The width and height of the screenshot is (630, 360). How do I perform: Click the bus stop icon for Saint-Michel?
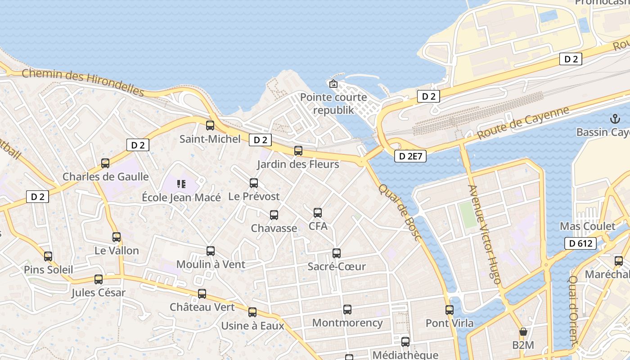(x=210, y=126)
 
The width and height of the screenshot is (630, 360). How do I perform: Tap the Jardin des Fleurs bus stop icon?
(x=298, y=151)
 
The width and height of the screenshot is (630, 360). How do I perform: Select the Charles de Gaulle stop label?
(x=105, y=177)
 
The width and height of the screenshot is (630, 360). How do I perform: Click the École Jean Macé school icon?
(x=181, y=184)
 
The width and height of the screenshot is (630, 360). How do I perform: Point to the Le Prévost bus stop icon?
(x=254, y=183)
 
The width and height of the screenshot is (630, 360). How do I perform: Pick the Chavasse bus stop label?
(x=274, y=228)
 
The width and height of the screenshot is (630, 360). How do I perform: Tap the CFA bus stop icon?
(x=318, y=213)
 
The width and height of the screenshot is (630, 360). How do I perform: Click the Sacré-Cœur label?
(x=337, y=266)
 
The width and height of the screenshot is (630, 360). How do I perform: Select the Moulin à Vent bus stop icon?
(x=211, y=251)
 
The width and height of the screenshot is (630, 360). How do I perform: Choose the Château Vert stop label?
(x=202, y=307)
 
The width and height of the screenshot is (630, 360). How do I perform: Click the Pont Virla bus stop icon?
(x=450, y=310)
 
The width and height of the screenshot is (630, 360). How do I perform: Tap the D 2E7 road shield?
(x=410, y=156)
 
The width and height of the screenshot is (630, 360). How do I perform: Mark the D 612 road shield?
(x=580, y=243)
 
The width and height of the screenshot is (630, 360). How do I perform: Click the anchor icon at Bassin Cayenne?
(x=615, y=119)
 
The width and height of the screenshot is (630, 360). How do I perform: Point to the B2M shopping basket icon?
(x=523, y=332)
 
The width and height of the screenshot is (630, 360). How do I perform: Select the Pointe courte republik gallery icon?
(x=333, y=84)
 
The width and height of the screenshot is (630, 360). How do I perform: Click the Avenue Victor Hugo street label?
(x=484, y=234)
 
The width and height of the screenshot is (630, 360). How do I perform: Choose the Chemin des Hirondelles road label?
(x=83, y=82)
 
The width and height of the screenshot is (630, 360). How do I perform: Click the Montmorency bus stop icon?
(x=347, y=310)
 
